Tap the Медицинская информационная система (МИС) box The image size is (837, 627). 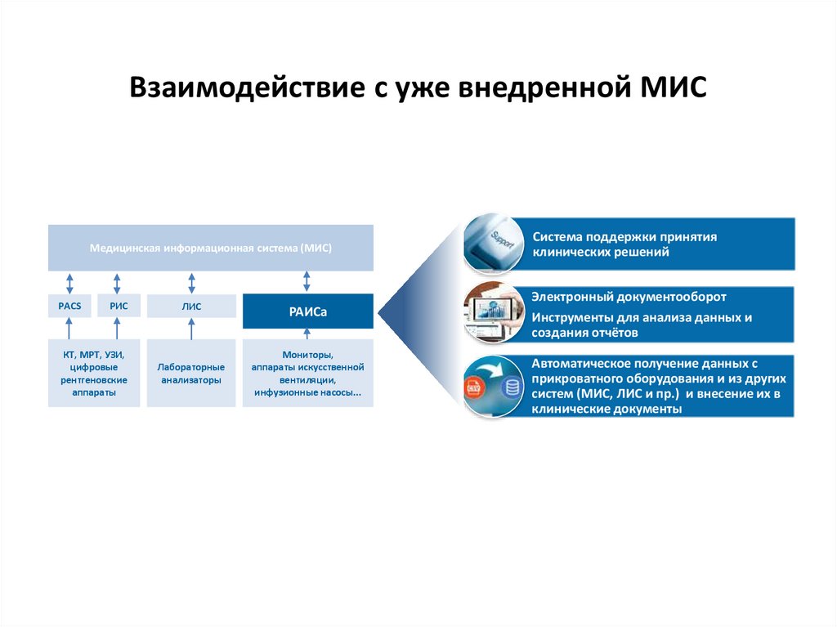coord(211,248)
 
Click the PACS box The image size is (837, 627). coord(69,307)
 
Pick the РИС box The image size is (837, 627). coord(119,307)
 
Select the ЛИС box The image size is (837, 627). coord(191,307)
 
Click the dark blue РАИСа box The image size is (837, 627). coord(307,311)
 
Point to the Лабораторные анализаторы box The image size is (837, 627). coord(191,373)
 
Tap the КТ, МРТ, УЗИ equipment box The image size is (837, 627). coord(92,373)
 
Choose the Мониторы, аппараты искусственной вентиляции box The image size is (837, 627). coord(307,373)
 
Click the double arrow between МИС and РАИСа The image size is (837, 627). coord(307,282)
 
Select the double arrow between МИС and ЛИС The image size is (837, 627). coord(191,282)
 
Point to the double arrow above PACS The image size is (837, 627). coord(69,282)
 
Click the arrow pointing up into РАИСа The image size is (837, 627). coord(307,334)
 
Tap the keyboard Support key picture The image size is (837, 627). coord(493,243)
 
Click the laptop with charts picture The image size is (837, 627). coord(493,314)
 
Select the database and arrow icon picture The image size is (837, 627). coord(493,386)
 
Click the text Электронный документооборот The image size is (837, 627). coord(629,298)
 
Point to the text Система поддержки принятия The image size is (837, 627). coord(624,237)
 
